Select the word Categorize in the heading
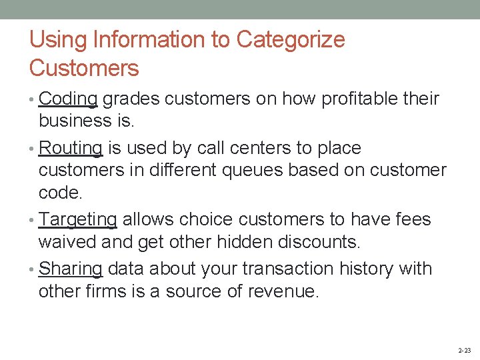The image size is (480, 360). click(x=291, y=40)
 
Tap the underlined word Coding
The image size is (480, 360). click(x=69, y=99)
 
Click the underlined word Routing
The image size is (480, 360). click(x=71, y=148)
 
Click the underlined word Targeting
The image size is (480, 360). click(x=78, y=219)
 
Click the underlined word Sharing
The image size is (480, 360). click(x=71, y=269)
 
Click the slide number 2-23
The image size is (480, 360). click(x=464, y=350)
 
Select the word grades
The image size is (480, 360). click(x=131, y=99)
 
